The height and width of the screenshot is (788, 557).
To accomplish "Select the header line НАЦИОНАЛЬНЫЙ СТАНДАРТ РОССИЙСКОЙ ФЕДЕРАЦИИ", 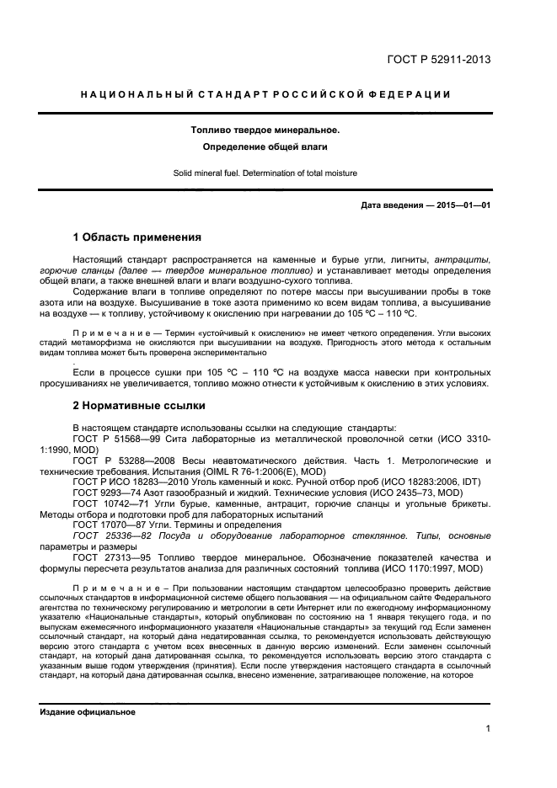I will click(x=265, y=94).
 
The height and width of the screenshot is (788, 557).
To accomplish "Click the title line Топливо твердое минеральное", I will click(x=265, y=130).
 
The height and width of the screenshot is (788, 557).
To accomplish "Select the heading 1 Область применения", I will click(x=137, y=237).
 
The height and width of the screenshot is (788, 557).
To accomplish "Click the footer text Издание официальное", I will click(x=88, y=712).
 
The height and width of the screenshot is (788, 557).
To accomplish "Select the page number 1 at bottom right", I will click(x=488, y=730).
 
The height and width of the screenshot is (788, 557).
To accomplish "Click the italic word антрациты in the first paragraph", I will click(x=461, y=259).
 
